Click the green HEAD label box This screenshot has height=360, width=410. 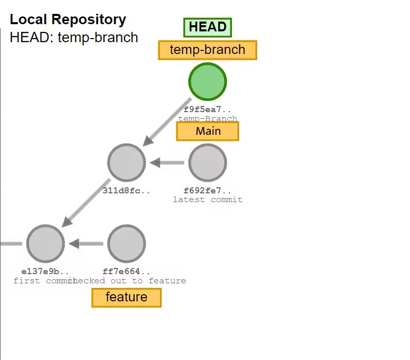[x=207, y=27]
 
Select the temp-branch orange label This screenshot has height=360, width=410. [x=207, y=50]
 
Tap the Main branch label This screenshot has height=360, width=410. [x=207, y=131]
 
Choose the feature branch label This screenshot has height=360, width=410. [x=127, y=297]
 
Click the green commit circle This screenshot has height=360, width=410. [x=207, y=82]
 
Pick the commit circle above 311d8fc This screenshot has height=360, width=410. [x=127, y=163]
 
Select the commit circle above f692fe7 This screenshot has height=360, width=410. [x=207, y=163]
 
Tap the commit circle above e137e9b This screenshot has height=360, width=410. [x=45, y=243]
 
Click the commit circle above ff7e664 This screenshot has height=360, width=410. [x=127, y=243]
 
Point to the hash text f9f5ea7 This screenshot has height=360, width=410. [x=207, y=110]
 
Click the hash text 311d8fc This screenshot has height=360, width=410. [x=127, y=190]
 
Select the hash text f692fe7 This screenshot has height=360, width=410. [x=207, y=190]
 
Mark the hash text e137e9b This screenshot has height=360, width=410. [x=45, y=271]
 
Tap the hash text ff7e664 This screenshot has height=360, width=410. [x=127, y=271]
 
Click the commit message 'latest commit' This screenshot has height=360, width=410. [x=207, y=200]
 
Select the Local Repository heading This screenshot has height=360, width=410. [x=68, y=20]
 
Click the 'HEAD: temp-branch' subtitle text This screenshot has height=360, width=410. [x=74, y=38]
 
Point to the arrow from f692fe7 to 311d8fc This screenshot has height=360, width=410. [x=167, y=163]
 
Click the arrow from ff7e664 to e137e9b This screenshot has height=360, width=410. [x=86, y=243]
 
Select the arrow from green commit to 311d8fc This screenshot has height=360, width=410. [x=168, y=121]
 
